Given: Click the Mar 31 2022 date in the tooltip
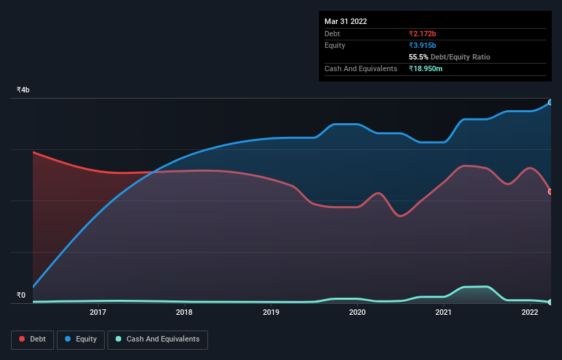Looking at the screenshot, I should pyautogui.click(x=346, y=21).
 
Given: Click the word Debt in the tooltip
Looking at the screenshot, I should pyautogui.click(x=332, y=34).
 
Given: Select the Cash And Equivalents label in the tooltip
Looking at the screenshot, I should pyautogui.click(x=361, y=68).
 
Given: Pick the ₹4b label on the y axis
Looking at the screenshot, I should pyautogui.click(x=23, y=90).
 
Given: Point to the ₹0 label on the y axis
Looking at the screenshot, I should pyautogui.click(x=21, y=296).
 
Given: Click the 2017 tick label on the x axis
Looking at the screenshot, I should pyautogui.click(x=98, y=313).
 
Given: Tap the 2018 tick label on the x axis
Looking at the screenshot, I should pyautogui.click(x=184, y=313).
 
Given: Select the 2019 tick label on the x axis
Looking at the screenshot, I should pyautogui.click(x=271, y=313).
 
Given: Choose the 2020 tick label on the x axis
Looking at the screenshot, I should pyautogui.click(x=357, y=313).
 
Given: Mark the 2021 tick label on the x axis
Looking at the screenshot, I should pyautogui.click(x=444, y=313).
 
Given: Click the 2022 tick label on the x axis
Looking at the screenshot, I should pyautogui.click(x=530, y=313).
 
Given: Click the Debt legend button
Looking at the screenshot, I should pyautogui.click(x=32, y=339).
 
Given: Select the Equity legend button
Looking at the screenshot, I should pyautogui.click(x=81, y=339).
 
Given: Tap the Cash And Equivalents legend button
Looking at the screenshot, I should pyautogui.click(x=157, y=339).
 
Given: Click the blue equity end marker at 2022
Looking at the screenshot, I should pyautogui.click(x=550, y=102).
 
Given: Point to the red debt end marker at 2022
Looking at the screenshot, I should pyautogui.click(x=550, y=192).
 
